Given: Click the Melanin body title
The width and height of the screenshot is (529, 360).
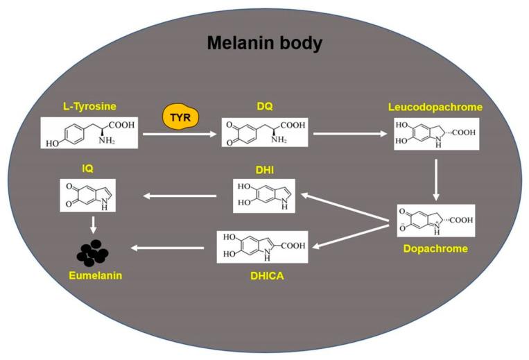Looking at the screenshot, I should (264, 44).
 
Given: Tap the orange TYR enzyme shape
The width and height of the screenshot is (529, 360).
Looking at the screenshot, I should (180, 117).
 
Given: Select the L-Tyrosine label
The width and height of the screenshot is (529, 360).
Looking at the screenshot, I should (88, 106).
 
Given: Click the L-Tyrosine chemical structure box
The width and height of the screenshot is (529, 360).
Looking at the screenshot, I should (89, 133).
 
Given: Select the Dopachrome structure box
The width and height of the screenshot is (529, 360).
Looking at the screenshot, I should (435, 221).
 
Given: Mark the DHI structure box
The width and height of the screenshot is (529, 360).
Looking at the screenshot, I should (265, 196).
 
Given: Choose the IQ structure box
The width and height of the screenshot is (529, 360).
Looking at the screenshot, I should (89, 196).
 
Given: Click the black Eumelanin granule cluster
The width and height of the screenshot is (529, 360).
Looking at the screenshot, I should (92, 254).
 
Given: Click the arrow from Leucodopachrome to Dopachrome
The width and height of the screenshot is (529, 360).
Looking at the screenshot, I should (435, 180).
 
